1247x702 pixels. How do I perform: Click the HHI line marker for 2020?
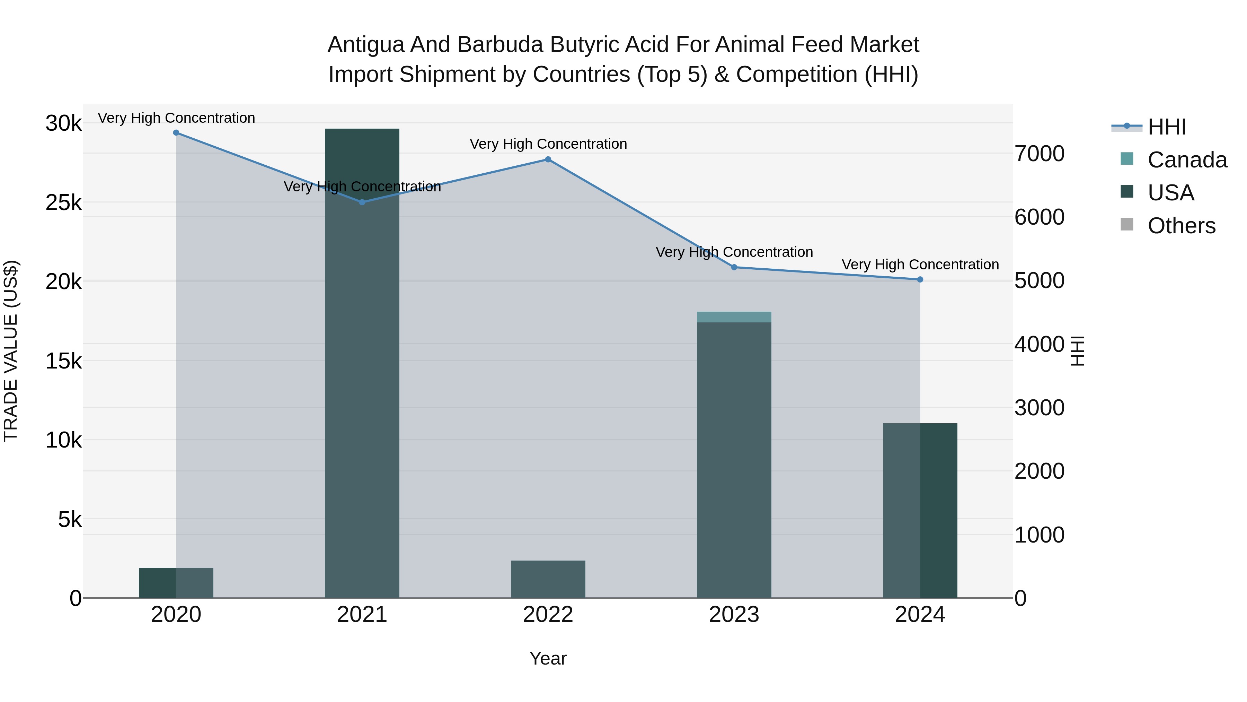pyautogui.click(x=176, y=133)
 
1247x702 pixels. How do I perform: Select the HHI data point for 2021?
pyautogui.click(x=362, y=202)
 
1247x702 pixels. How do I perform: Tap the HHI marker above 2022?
pyautogui.click(x=548, y=159)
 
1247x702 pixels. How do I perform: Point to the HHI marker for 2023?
pyautogui.click(x=734, y=267)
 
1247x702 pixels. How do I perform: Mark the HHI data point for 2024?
pyautogui.click(x=920, y=279)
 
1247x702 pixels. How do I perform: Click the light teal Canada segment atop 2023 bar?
pyautogui.click(x=734, y=317)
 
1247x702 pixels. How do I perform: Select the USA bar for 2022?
pyautogui.click(x=548, y=579)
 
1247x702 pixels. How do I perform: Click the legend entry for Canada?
pyautogui.click(x=1187, y=160)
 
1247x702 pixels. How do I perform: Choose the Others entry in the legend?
pyautogui.click(x=1181, y=226)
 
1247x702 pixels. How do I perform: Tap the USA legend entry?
pyautogui.click(x=1170, y=193)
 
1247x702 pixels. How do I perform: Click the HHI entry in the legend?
pyautogui.click(x=1167, y=127)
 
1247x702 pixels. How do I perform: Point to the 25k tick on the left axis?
pyautogui.click(x=63, y=203)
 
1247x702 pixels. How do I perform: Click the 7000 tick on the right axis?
pyautogui.click(x=1039, y=154)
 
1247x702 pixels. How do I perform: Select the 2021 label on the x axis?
pyautogui.click(x=362, y=615)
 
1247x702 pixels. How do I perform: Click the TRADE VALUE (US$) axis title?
pyautogui.click(x=11, y=351)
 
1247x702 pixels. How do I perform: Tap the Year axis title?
pyautogui.click(x=548, y=658)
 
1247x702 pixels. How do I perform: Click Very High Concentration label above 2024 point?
pyautogui.click(x=920, y=265)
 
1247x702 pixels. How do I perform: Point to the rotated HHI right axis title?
pyautogui.click(x=1078, y=351)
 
